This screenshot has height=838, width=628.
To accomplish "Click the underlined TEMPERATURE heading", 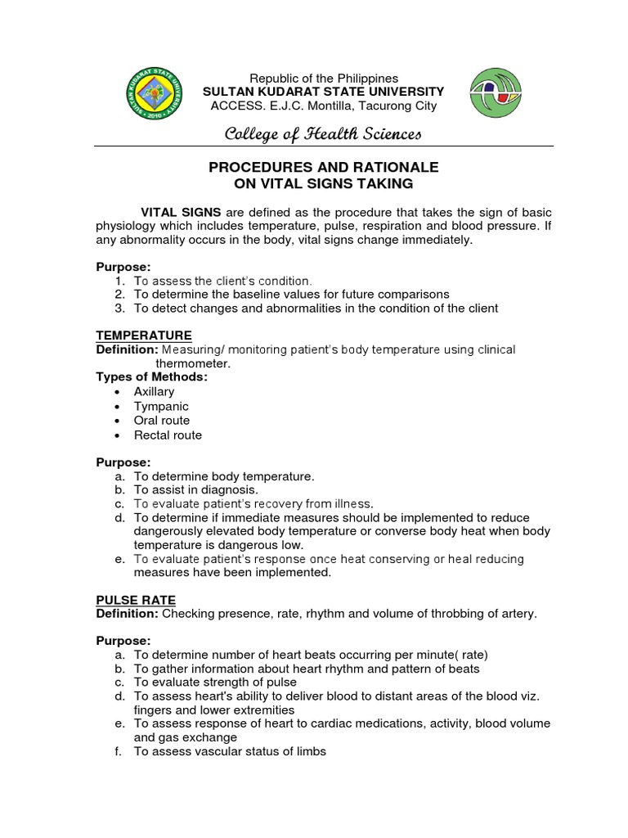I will click(x=144, y=336).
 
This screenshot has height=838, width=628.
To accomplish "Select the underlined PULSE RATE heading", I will click(x=136, y=600).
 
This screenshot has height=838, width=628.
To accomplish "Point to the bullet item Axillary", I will click(x=154, y=392).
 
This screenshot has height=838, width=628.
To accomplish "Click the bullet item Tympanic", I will click(x=161, y=407).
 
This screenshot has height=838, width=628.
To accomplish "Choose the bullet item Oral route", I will click(x=161, y=421).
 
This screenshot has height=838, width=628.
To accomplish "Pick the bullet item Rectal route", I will click(x=168, y=435).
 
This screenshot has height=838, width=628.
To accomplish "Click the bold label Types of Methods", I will click(x=152, y=377).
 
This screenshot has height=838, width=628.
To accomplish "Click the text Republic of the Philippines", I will click(x=324, y=78).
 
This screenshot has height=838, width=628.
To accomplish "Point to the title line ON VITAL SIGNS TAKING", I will click(x=324, y=184).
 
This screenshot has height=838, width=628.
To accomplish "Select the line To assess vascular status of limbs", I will click(x=230, y=751).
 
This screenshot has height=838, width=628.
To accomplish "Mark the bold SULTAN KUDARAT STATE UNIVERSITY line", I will click(x=324, y=92).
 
